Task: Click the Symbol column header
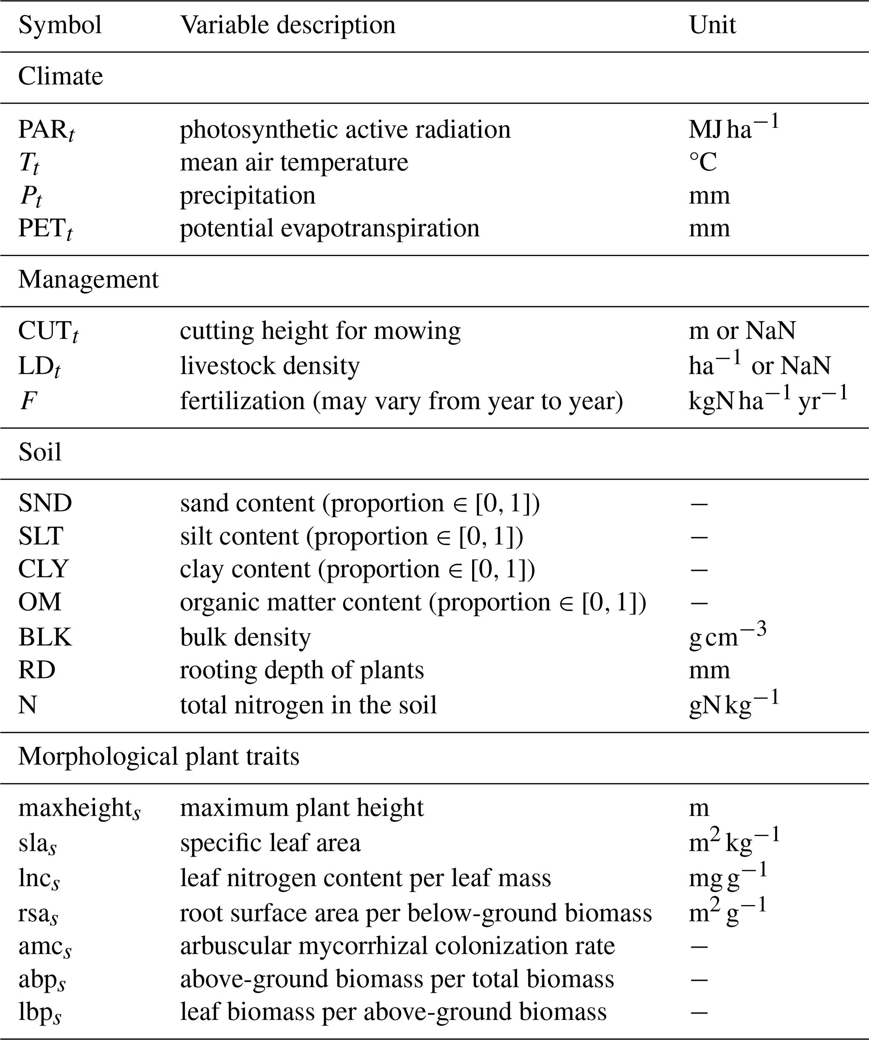(60, 25)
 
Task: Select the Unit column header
(712, 25)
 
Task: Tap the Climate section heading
(61, 77)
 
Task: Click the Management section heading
(88, 280)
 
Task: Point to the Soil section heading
(40, 452)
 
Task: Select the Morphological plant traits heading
(158, 757)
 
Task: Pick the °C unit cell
(703, 162)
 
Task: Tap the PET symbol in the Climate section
(45, 229)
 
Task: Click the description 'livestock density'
(269, 366)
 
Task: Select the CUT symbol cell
(48, 331)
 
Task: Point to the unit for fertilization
(768, 400)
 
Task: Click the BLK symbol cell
(45, 638)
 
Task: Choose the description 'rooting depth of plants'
(301, 670)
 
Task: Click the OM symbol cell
(40, 603)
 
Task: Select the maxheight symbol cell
(79, 808)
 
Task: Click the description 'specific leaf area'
(270, 843)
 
